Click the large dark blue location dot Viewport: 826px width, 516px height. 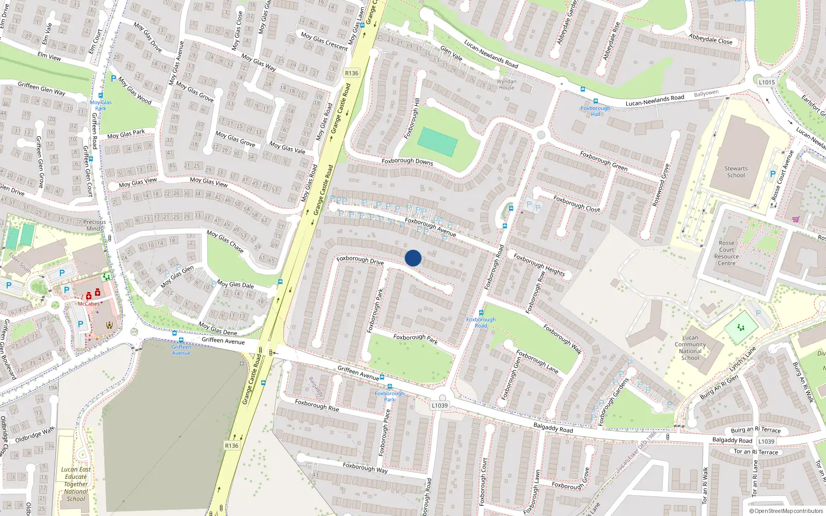pos(413,258)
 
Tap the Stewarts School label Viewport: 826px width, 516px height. pos(736,172)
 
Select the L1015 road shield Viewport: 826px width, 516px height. pos(767,82)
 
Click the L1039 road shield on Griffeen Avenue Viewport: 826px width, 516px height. pos(440,406)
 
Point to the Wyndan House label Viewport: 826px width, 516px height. pos(506,84)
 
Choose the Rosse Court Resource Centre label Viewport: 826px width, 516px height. pos(726,253)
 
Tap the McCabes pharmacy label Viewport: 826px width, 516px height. pos(89,304)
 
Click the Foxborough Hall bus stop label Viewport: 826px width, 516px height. pos(595,111)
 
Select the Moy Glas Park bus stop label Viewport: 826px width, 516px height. pos(101,105)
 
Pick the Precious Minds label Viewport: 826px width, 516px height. pos(94,225)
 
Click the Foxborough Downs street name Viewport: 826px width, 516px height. pos(407,162)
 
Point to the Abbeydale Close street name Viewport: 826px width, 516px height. pos(710,39)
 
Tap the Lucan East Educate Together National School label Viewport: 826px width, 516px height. pos(76,484)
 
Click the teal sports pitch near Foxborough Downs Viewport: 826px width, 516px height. pos(437,141)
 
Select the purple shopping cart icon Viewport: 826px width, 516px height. pos(796,219)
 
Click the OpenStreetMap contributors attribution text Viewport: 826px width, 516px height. pos(788,511)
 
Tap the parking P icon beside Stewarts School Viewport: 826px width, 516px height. pos(773,174)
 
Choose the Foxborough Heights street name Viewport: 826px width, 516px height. pos(539,265)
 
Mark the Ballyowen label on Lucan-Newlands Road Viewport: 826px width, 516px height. pos(706,94)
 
